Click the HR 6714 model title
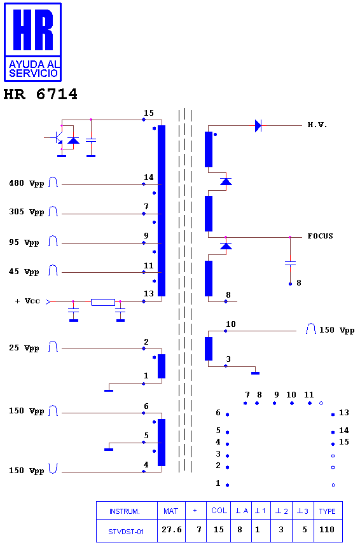40,94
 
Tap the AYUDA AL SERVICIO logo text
33,69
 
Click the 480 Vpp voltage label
27,183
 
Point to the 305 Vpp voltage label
27,212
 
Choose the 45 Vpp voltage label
24,272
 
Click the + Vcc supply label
27,301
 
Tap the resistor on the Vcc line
103,302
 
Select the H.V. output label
317,125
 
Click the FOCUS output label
320,236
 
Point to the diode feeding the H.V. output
258,125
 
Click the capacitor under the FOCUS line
290,263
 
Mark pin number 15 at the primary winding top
149,113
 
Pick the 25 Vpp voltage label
24,348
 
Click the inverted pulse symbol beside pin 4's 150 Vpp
53,469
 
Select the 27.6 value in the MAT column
172,529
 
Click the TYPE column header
328,511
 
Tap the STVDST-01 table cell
126,532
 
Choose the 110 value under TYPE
327,529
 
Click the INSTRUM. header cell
125,511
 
